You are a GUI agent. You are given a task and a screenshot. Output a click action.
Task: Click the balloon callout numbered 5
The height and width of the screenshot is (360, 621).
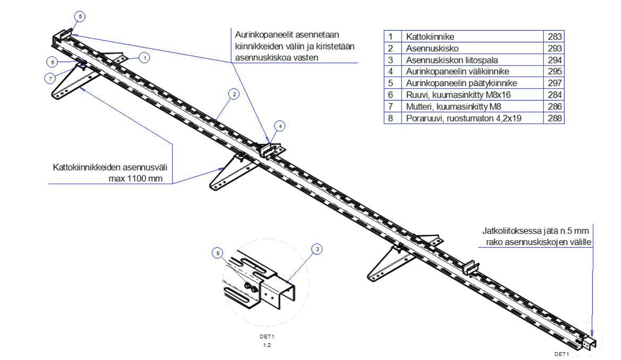pyautogui.click(x=80, y=17)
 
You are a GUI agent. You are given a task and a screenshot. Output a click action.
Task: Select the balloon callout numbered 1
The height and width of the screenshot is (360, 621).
pyautogui.click(x=144, y=58)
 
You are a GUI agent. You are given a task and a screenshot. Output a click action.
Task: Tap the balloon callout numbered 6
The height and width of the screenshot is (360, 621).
pyautogui.click(x=52, y=62)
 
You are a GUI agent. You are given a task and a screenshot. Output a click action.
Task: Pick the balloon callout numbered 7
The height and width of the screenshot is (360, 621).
pyautogui.click(x=50, y=79)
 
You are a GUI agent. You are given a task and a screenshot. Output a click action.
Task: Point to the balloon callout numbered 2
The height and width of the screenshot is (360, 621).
pyautogui.click(x=233, y=94)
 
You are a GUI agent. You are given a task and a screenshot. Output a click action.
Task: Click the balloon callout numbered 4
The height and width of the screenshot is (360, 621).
pyautogui.click(x=279, y=126)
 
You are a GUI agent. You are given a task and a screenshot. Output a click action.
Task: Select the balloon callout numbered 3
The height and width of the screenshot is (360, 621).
pyautogui.click(x=317, y=249)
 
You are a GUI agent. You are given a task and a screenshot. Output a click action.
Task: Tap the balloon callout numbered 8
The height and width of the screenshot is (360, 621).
pyautogui.click(x=218, y=253)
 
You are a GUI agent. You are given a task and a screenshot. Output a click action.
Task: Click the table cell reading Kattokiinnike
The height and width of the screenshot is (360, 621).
pyautogui.click(x=430, y=37)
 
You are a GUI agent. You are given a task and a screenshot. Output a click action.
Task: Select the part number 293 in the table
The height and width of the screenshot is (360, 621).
pyautogui.click(x=555, y=48)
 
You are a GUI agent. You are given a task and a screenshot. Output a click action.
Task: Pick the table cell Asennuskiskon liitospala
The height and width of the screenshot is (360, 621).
pyautogui.click(x=452, y=60)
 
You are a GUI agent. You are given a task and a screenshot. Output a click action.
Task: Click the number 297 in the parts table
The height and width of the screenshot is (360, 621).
pyautogui.click(x=555, y=83)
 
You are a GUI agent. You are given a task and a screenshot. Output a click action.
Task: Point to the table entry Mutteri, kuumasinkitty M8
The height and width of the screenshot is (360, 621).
pyautogui.click(x=453, y=106)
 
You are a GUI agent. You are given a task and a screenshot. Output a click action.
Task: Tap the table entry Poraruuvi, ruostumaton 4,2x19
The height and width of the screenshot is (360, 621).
pyautogui.click(x=463, y=118)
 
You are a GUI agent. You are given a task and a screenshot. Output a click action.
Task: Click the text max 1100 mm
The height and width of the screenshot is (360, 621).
pyautogui.click(x=135, y=179)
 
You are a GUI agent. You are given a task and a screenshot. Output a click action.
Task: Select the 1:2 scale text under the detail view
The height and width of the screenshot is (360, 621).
pyautogui.click(x=267, y=345)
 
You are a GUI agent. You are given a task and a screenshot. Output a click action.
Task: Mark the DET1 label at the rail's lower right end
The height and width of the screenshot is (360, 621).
pyautogui.click(x=562, y=354)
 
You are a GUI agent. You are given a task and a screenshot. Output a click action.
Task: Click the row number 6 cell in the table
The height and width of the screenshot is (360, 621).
pyautogui.click(x=390, y=95)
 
